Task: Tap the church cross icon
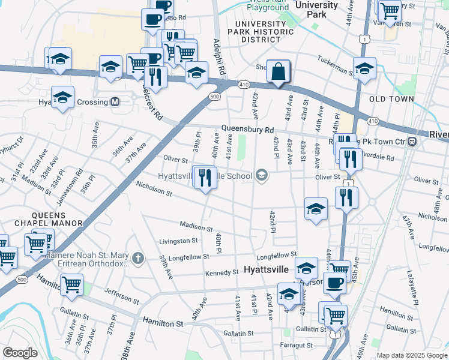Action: pyautogui.click(x=138, y=259)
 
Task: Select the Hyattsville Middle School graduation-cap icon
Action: pyautogui.click(x=261, y=175)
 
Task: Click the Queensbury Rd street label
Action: pyautogui.click(x=247, y=129)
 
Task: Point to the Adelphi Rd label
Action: pyautogui.click(x=220, y=58)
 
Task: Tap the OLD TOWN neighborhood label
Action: pyautogui.click(x=391, y=99)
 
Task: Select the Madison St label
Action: pyautogui.click(x=196, y=227)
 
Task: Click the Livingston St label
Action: pyautogui.click(x=178, y=241)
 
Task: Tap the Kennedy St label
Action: pyautogui.click(x=221, y=272)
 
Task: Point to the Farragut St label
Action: pyautogui.click(x=297, y=345)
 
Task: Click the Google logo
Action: pyautogui.click(x=20, y=353)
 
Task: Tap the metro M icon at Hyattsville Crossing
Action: pyautogui.click(x=115, y=102)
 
